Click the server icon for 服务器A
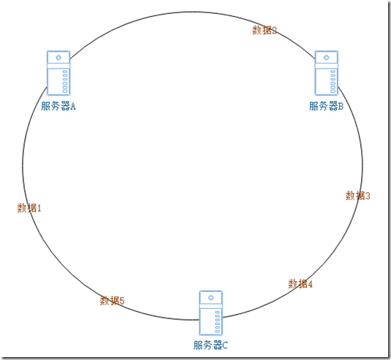58,73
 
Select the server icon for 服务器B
327,73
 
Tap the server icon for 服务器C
210,313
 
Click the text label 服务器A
58,106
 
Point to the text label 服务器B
326,106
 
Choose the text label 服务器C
210,345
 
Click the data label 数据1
29,208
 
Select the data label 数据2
265,30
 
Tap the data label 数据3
357,196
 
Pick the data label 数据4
300,283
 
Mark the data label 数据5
112,300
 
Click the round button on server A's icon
58,58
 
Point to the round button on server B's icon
327,58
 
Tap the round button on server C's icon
210,298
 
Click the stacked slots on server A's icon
65,81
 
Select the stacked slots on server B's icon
333,81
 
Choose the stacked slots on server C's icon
217,321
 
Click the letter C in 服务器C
225,345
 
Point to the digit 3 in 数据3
368,196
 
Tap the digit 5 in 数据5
122,301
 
